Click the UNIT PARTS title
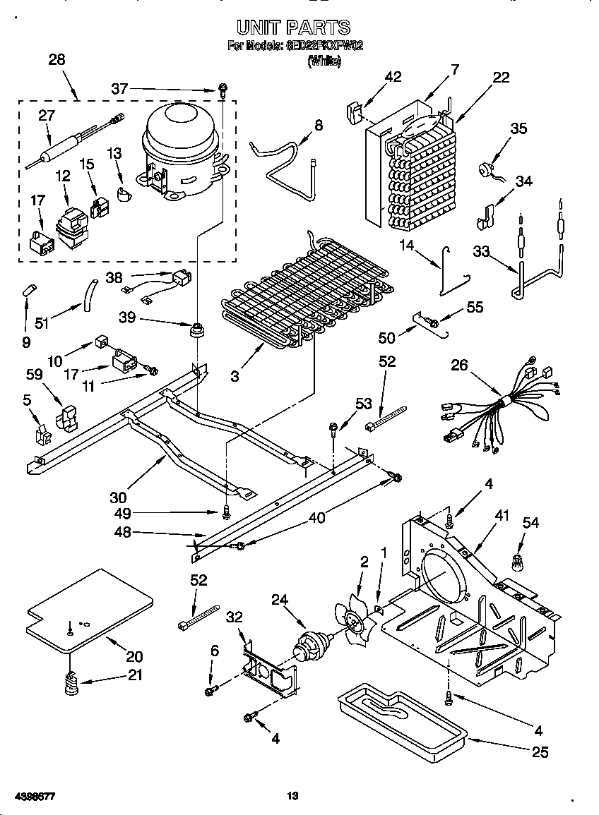(x=293, y=28)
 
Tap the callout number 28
(x=57, y=60)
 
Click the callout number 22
(x=501, y=78)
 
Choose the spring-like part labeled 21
(x=71, y=684)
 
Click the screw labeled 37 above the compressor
(x=222, y=90)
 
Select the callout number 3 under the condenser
(x=235, y=377)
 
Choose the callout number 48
(x=123, y=533)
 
